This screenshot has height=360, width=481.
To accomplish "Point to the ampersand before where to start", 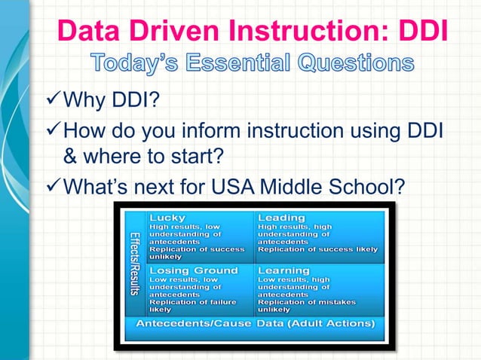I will click(x=72, y=159).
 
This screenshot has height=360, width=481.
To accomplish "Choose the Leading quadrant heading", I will click(x=282, y=218).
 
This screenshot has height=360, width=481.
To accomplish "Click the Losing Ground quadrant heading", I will click(x=194, y=270).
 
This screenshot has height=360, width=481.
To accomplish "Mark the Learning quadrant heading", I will click(x=284, y=270).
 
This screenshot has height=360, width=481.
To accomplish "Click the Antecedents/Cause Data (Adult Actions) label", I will click(x=255, y=324).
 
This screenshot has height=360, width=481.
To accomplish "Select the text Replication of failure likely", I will click(x=192, y=305).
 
